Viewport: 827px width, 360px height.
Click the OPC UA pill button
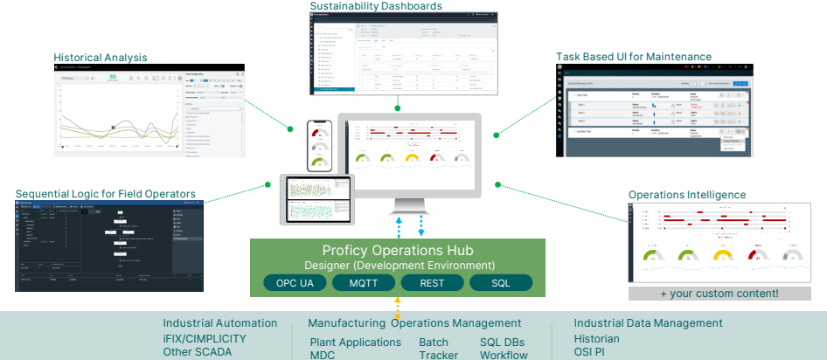(x=295, y=283)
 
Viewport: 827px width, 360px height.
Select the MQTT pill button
(x=363, y=283)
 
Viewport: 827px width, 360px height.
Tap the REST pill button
(x=432, y=283)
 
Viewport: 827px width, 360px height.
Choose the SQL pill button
(x=501, y=283)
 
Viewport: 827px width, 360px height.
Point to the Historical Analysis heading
(x=100, y=58)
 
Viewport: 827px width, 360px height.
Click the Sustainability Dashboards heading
(x=376, y=6)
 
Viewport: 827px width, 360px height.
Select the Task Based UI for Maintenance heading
(x=634, y=57)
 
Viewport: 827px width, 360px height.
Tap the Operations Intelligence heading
(x=687, y=194)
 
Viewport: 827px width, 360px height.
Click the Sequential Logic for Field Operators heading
(x=106, y=193)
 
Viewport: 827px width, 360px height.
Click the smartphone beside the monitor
(x=319, y=146)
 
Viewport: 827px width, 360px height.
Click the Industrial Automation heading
(x=220, y=323)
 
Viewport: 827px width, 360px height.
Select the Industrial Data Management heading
(x=649, y=323)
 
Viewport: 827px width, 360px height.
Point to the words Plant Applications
(x=356, y=343)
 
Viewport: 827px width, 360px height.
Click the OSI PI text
(x=589, y=352)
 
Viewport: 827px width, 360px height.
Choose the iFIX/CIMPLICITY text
(x=205, y=338)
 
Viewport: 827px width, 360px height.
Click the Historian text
(x=597, y=338)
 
